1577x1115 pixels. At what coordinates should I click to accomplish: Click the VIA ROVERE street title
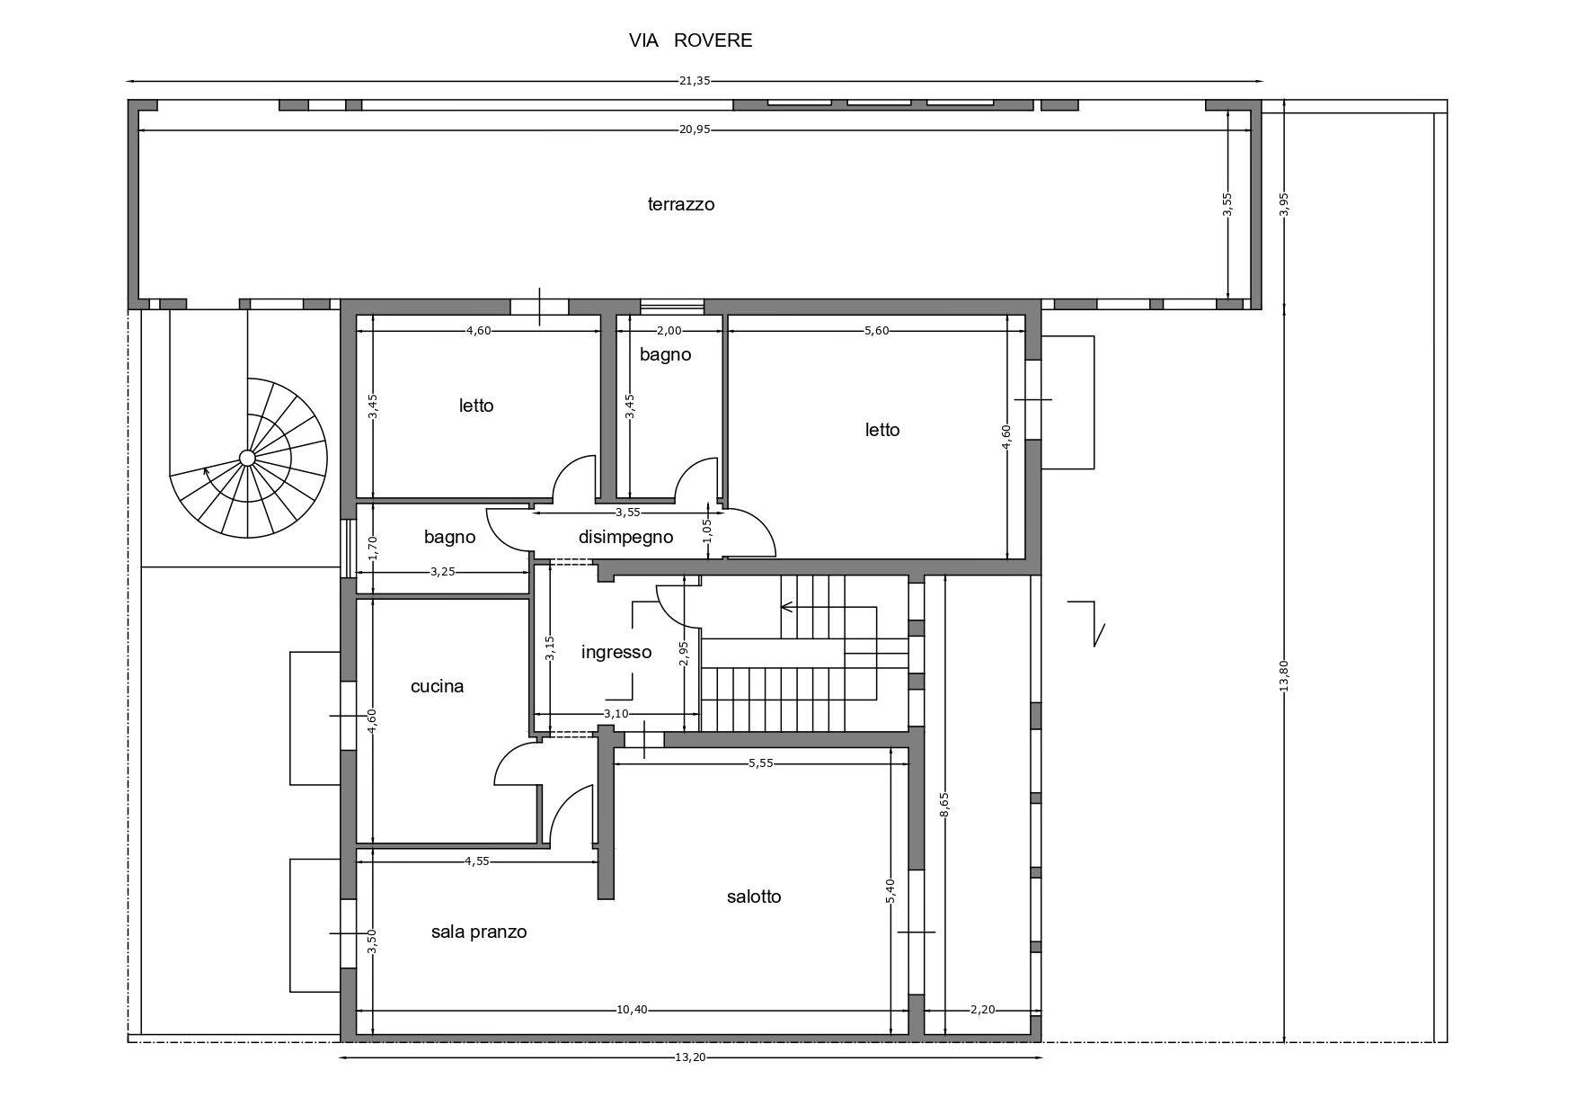coord(690,40)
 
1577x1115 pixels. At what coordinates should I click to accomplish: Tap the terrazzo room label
coord(681,204)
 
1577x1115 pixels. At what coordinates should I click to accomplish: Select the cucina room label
coord(437,687)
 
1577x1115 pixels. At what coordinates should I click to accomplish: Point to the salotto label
coord(754,896)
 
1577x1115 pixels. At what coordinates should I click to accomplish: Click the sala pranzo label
coord(479,932)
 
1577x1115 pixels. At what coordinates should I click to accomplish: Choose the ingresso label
coord(616,653)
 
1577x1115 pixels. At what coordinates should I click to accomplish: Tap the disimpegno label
coord(625,538)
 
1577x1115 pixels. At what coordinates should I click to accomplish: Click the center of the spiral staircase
coord(247,459)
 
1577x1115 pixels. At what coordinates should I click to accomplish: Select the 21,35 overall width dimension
coord(695,81)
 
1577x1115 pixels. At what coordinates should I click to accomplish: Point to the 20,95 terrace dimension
coord(695,129)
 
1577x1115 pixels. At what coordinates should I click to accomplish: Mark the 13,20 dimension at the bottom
coord(690,1057)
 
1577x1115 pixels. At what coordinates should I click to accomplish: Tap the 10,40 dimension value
coord(632,1010)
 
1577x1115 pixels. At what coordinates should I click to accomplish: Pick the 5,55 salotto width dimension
coord(761,763)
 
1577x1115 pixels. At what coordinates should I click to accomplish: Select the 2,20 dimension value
coord(983,1010)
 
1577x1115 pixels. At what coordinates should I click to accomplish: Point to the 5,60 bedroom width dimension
coord(876,331)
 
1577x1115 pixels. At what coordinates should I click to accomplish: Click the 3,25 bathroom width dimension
coord(443,571)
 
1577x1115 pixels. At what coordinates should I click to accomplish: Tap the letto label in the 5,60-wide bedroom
coord(882,430)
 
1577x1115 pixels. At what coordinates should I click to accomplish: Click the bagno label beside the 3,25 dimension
coord(449,538)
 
